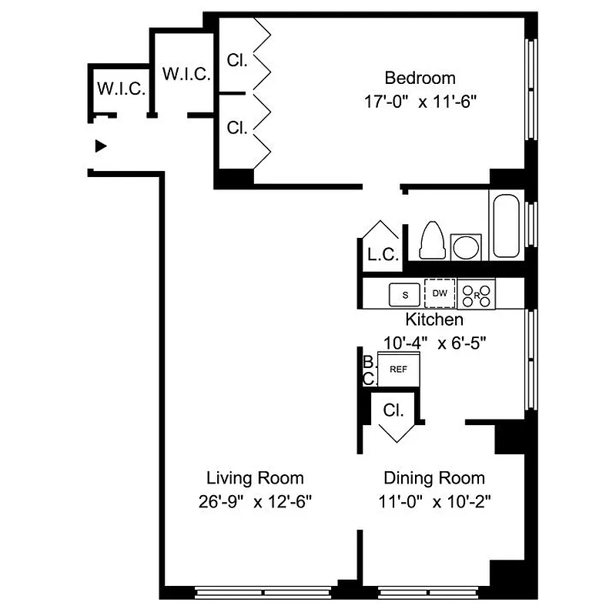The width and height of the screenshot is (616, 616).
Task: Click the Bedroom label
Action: click(420, 78)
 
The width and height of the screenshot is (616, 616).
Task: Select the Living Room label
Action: click(254, 477)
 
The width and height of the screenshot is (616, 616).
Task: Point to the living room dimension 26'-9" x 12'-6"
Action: click(254, 502)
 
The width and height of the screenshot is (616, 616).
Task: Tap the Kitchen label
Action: click(434, 319)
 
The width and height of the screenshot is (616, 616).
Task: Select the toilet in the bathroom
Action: click(431, 241)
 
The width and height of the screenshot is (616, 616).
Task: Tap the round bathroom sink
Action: click(465, 246)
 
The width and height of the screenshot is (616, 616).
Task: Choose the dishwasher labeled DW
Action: click(440, 293)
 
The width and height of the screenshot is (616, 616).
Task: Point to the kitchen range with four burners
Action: click(477, 293)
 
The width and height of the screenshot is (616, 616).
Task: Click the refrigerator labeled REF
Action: click(398, 370)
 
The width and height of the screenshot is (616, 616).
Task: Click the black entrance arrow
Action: click(99, 146)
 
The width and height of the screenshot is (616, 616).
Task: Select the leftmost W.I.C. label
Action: click(121, 89)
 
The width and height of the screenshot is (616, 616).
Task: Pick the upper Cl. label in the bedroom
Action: click(237, 60)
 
